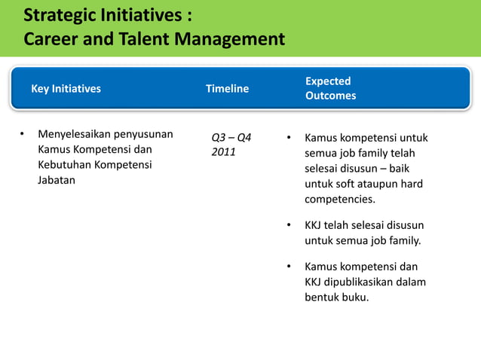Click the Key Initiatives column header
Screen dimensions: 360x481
pos(66,89)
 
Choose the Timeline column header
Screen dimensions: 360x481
pos(227,89)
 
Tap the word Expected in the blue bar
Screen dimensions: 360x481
pos(328,81)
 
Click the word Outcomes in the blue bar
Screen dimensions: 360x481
pos(330,96)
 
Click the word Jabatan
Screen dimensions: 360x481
pos(57,181)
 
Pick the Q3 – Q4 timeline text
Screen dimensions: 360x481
pos(231,138)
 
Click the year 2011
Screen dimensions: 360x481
pos(223,153)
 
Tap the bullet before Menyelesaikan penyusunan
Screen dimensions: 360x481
pos(23,135)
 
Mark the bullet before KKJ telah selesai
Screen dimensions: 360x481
pos(288,225)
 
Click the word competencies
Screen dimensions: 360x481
pos(339,200)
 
